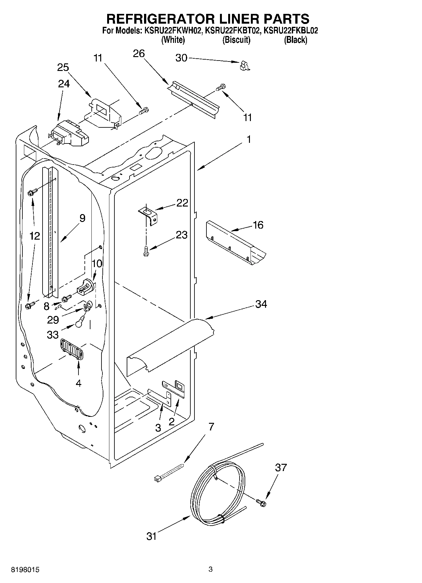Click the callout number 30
[x=181, y=58]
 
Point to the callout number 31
[x=152, y=536]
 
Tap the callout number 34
[x=261, y=304]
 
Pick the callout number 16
[x=258, y=225]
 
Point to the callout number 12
[x=35, y=236]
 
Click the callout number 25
[x=63, y=67]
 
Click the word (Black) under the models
[x=295, y=40]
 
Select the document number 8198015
[x=25, y=570]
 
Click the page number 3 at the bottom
[x=211, y=569]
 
